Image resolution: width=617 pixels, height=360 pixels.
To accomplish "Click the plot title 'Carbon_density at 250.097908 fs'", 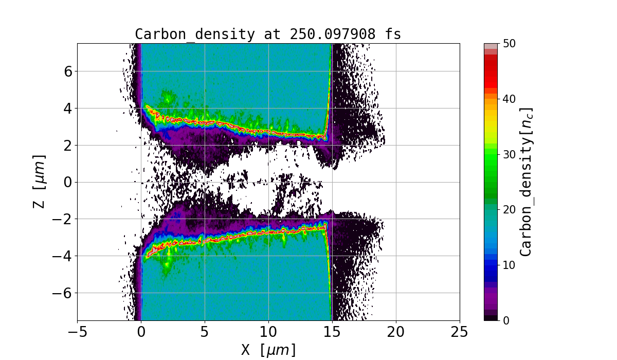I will (x=268, y=34).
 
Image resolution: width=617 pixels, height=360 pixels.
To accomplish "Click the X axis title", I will (x=268, y=350).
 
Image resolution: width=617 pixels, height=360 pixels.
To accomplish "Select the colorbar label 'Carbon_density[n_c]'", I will (x=525, y=182).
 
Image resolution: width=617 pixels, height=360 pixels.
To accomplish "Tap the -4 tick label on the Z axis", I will (x=62, y=256).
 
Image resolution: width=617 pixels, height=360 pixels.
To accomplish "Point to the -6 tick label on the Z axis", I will (x=62, y=293).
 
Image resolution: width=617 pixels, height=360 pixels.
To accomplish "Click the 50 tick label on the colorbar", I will (x=510, y=44).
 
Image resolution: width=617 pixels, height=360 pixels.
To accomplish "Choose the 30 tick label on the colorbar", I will (x=510, y=154).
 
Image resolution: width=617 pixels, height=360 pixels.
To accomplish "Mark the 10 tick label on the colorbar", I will (x=510, y=265).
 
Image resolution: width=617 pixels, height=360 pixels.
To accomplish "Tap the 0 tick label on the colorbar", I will (x=506, y=320).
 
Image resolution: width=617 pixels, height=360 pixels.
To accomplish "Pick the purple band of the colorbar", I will (x=491, y=298).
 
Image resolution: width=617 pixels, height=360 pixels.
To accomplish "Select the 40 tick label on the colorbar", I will (x=510, y=99).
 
